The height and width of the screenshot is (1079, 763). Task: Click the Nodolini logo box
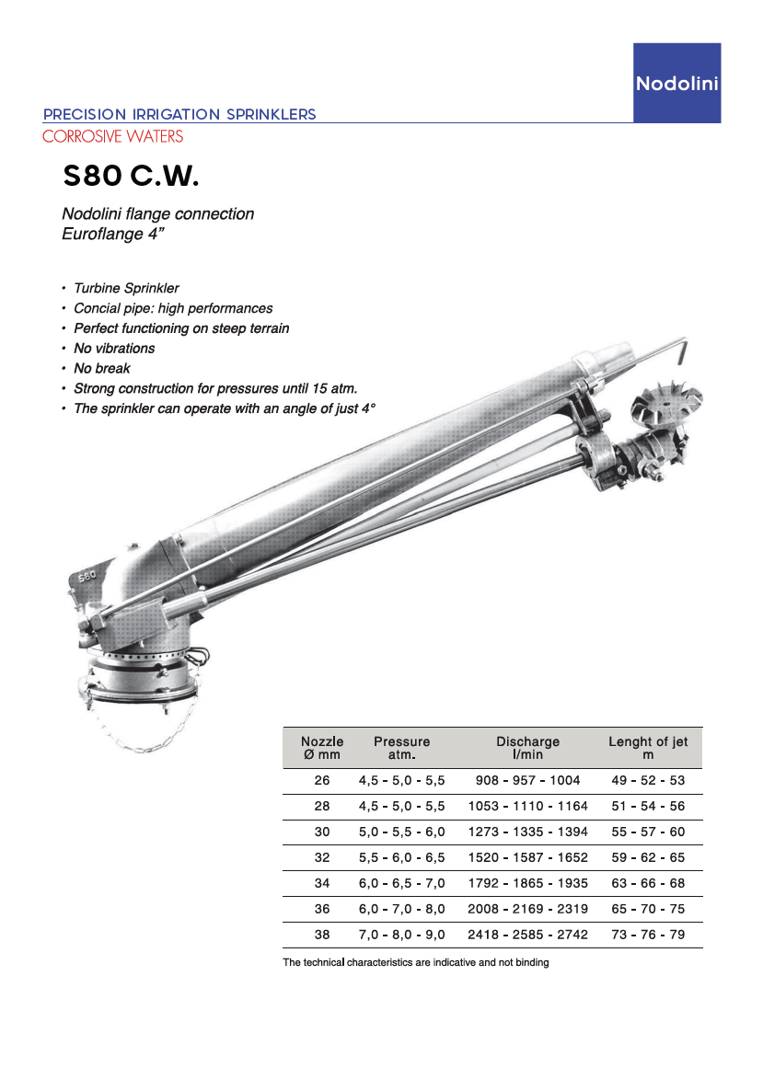(676, 83)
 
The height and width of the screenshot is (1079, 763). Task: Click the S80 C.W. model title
(131, 176)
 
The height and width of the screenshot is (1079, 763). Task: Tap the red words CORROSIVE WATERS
(113, 136)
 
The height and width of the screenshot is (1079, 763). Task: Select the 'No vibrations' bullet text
(114, 349)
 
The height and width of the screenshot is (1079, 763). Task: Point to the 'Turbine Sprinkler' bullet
(127, 288)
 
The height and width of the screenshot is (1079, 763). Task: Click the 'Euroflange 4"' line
(113, 234)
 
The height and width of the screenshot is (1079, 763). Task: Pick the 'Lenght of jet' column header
(648, 748)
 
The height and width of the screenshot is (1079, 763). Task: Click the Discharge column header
(528, 748)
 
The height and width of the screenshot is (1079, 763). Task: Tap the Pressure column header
(402, 748)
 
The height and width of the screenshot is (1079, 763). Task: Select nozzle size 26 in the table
(322, 780)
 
